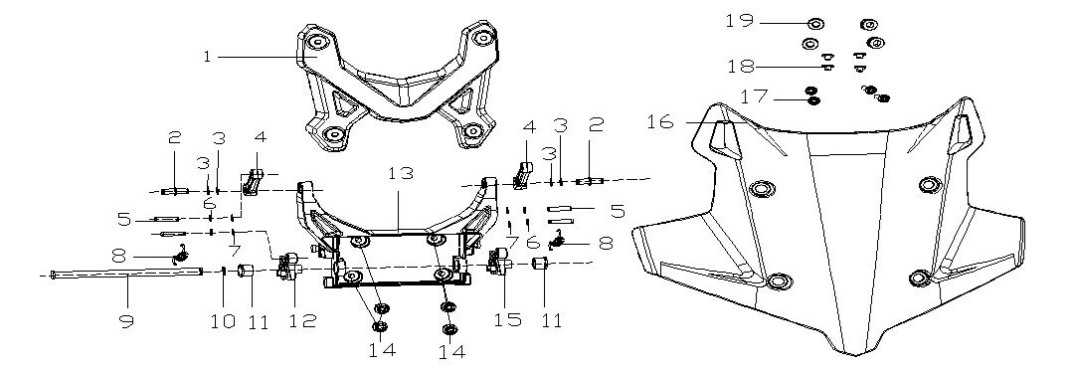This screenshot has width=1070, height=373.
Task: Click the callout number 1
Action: pyautogui.click(x=207, y=57)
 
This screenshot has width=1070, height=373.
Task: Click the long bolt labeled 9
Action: pyautogui.click(x=119, y=272)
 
